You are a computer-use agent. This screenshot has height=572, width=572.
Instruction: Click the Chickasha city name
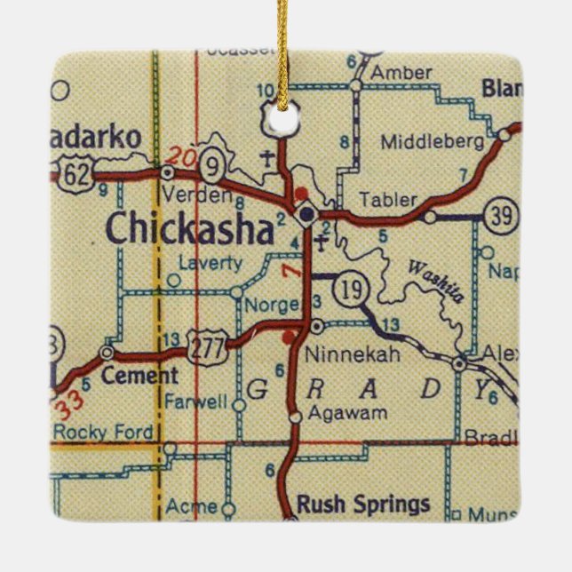(x=189, y=228)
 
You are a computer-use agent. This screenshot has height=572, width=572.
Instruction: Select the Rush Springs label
(x=363, y=504)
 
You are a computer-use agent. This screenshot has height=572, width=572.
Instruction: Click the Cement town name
(x=139, y=376)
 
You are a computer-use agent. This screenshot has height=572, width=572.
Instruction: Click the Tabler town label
(x=389, y=200)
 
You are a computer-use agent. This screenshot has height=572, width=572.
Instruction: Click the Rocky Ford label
(x=103, y=433)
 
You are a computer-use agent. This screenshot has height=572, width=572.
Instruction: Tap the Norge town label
(x=275, y=305)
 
